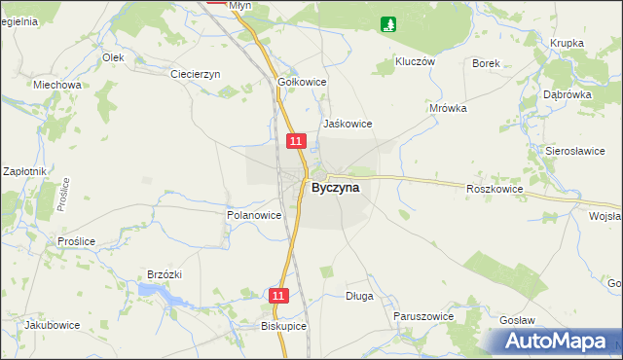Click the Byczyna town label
click(335, 189)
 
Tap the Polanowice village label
click(254, 215)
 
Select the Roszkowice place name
click(495, 189)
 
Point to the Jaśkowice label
click(348, 124)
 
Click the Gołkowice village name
click(302, 83)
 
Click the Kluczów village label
click(414, 60)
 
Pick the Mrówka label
click(448, 108)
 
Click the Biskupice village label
click(284, 327)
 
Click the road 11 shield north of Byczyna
click(298, 142)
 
